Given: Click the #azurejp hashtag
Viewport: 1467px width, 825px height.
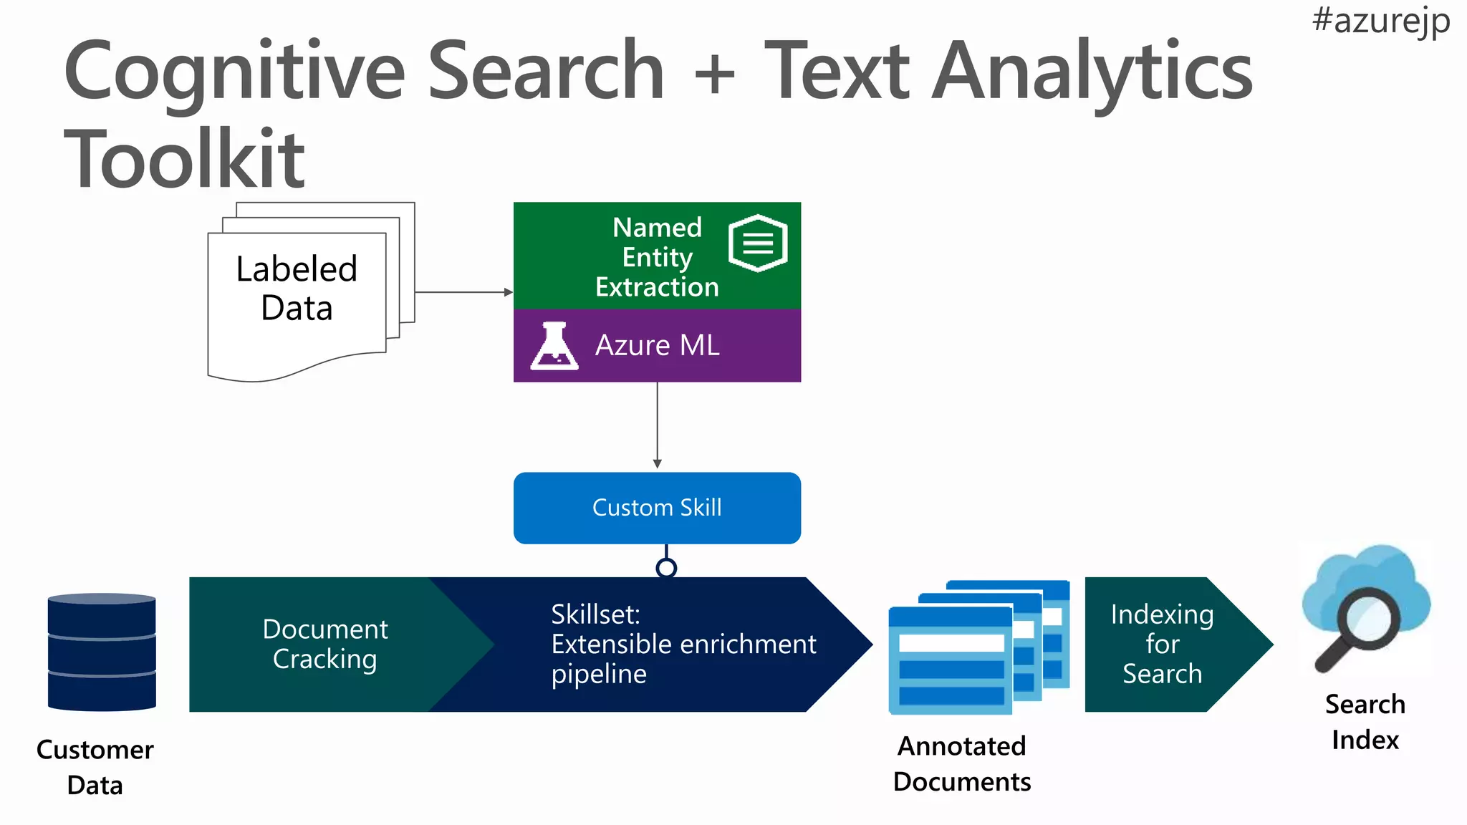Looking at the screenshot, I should coord(1380,21).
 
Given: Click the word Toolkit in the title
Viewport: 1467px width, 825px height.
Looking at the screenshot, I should coord(185,159).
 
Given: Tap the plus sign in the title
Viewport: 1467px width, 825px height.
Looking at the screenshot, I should coord(714,74).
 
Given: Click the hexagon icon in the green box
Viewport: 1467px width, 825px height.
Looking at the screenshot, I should coord(758,243).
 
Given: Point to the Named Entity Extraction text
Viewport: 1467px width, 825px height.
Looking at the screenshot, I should coord(657,257).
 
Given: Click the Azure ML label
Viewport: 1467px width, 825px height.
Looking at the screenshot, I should coord(657,346).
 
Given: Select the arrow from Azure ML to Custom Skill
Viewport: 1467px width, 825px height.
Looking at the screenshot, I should coord(657,425).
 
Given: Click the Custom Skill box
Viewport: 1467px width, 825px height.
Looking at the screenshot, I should coord(657,508).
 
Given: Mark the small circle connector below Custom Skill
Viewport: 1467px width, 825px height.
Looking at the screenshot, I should coord(666,568).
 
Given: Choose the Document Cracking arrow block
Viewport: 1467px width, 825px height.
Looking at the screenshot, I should coord(324,644).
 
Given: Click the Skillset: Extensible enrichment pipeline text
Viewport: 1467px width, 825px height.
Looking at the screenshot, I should coord(683,644).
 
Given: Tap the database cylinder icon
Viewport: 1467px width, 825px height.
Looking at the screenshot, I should coord(102,652).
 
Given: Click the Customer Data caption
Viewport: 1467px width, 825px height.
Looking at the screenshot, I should coord(95,767).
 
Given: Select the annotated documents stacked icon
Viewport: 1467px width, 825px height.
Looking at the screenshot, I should coord(978,648).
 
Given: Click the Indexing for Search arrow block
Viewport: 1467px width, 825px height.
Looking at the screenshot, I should coord(1162,644).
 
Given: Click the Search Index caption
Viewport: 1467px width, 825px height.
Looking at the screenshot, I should coord(1365,722).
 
